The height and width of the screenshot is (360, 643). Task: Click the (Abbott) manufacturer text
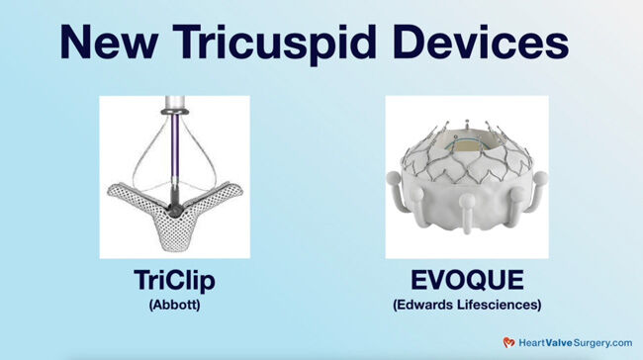pyautogui.click(x=174, y=307)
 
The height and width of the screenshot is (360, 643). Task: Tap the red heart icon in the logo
pyautogui.click(x=508, y=342)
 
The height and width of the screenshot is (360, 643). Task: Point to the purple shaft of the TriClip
pyautogui.click(x=174, y=148)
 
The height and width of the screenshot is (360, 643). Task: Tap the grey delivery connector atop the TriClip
pyautogui.click(x=174, y=107)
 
